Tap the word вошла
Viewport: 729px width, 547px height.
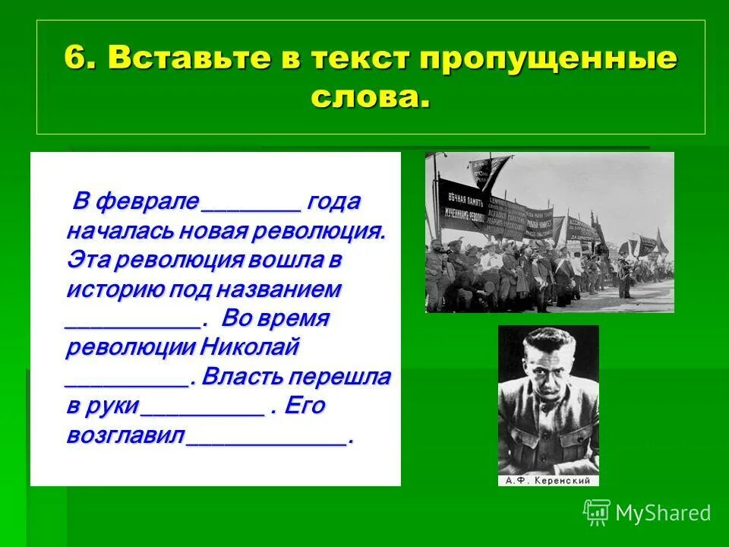(x=286, y=261)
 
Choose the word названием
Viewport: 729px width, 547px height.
(x=279, y=290)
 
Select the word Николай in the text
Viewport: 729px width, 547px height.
(x=251, y=348)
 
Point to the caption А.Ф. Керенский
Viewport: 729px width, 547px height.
(x=548, y=481)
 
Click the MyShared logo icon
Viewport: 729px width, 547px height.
(x=597, y=512)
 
